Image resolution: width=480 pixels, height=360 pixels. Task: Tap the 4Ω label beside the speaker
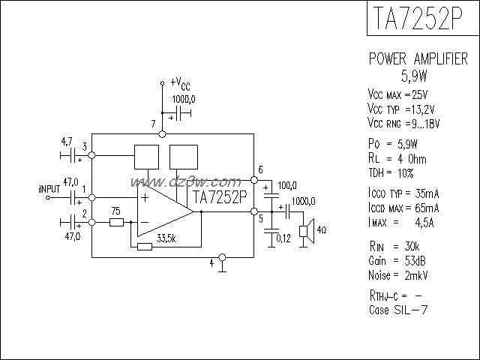(x=320, y=229)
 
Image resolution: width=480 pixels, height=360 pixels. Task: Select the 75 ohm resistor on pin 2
(x=116, y=222)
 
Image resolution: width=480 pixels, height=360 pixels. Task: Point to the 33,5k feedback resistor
(x=145, y=245)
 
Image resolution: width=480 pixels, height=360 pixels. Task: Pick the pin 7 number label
(x=153, y=123)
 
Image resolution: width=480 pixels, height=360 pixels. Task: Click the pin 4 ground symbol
(x=222, y=268)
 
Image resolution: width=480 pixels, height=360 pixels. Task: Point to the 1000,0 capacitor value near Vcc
(x=184, y=99)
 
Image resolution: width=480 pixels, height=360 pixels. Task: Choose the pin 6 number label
(x=259, y=169)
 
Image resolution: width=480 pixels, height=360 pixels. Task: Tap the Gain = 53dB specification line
(x=399, y=260)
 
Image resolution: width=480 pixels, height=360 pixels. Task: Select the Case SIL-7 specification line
(x=398, y=310)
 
